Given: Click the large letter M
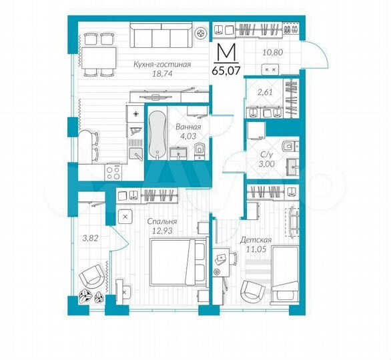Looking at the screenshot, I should coord(228,51).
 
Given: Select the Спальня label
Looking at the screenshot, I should coord(163,221).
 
